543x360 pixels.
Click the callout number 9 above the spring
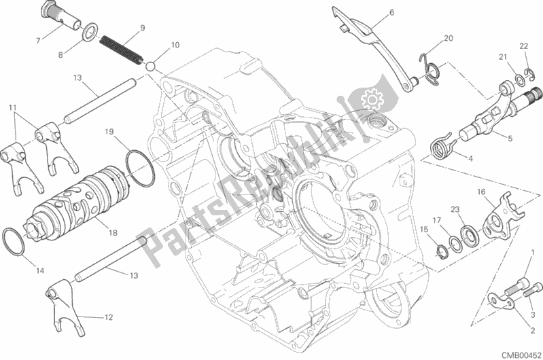coord(143,28)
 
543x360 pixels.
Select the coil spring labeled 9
coord(122,50)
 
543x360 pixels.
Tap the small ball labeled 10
coord(150,66)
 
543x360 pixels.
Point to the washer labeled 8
coord(90,31)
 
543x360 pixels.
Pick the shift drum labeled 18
coord(80,204)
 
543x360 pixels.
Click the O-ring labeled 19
coord(139,168)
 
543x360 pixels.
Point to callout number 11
coord(13,108)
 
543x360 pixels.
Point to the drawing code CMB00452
coord(522,355)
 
